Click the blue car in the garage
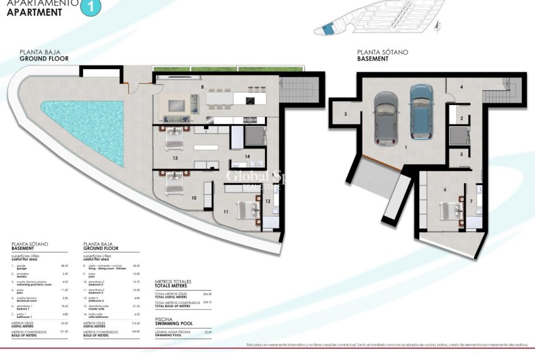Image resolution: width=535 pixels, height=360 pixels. (x=421, y=112)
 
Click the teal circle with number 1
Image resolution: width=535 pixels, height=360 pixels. (x=92, y=8)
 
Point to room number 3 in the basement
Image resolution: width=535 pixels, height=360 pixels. (x=346, y=114)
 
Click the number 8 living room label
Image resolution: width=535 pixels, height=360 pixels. (x=202, y=86)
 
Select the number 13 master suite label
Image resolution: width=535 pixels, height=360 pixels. (x=174, y=158)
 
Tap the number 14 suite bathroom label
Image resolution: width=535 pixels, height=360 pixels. (x=247, y=156)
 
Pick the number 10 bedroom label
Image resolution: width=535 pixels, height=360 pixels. (x=194, y=198)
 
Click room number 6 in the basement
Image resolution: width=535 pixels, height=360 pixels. (x=444, y=188)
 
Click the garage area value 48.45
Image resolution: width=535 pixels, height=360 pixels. (x=65, y=266)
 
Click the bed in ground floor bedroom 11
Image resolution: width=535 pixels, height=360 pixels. (x=247, y=207)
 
